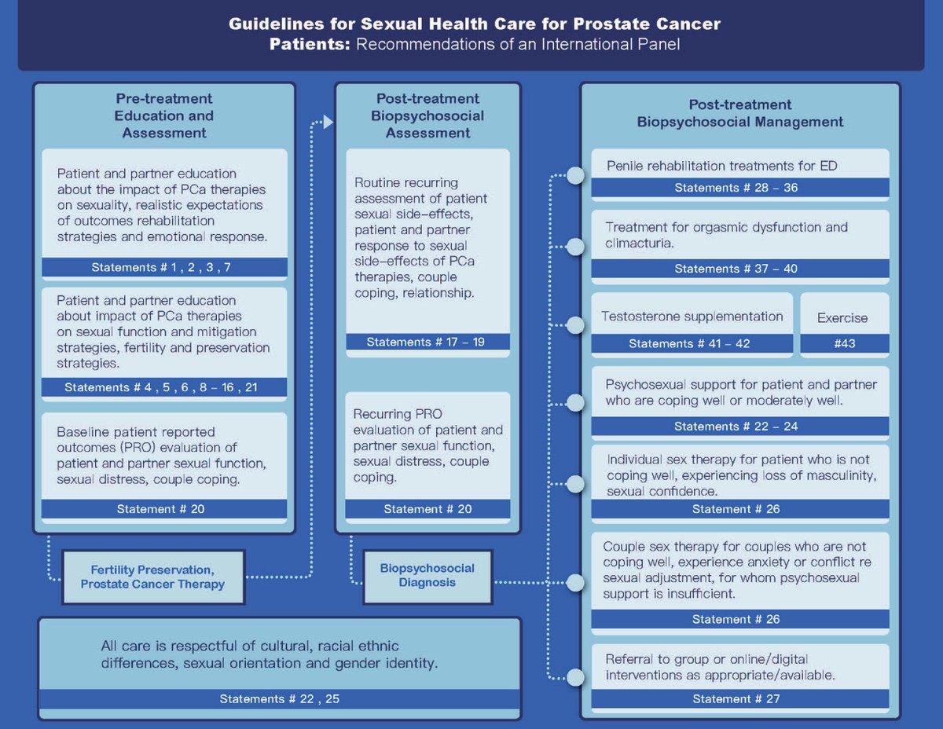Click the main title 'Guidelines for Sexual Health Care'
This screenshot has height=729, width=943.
[474, 24]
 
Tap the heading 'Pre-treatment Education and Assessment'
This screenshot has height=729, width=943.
[164, 116]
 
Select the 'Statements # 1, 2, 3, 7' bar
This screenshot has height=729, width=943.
[164, 267]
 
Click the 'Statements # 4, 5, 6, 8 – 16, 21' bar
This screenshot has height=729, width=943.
[164, 387]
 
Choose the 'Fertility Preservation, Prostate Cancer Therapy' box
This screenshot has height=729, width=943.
[152, 577]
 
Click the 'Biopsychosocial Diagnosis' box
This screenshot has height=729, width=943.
[427, 575]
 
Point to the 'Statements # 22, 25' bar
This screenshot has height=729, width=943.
[279, 698]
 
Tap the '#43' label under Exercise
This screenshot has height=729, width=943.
[845, 343]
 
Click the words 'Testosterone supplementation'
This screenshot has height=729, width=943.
[692, 317]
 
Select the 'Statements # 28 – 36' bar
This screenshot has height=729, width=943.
[739, 188]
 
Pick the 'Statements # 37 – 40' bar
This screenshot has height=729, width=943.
[739, 269]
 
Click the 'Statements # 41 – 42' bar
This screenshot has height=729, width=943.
[692, 343]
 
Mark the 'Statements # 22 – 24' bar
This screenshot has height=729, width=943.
[739, 427]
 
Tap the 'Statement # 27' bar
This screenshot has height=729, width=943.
[739, 698]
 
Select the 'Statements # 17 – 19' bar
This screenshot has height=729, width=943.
[427, 342]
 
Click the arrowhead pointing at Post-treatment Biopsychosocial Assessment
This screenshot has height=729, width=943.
[328, 123]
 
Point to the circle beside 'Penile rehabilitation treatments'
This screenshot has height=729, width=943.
[575, 175]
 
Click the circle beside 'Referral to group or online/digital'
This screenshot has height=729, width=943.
[575, 677]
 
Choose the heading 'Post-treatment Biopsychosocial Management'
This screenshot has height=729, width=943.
[739, 113]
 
